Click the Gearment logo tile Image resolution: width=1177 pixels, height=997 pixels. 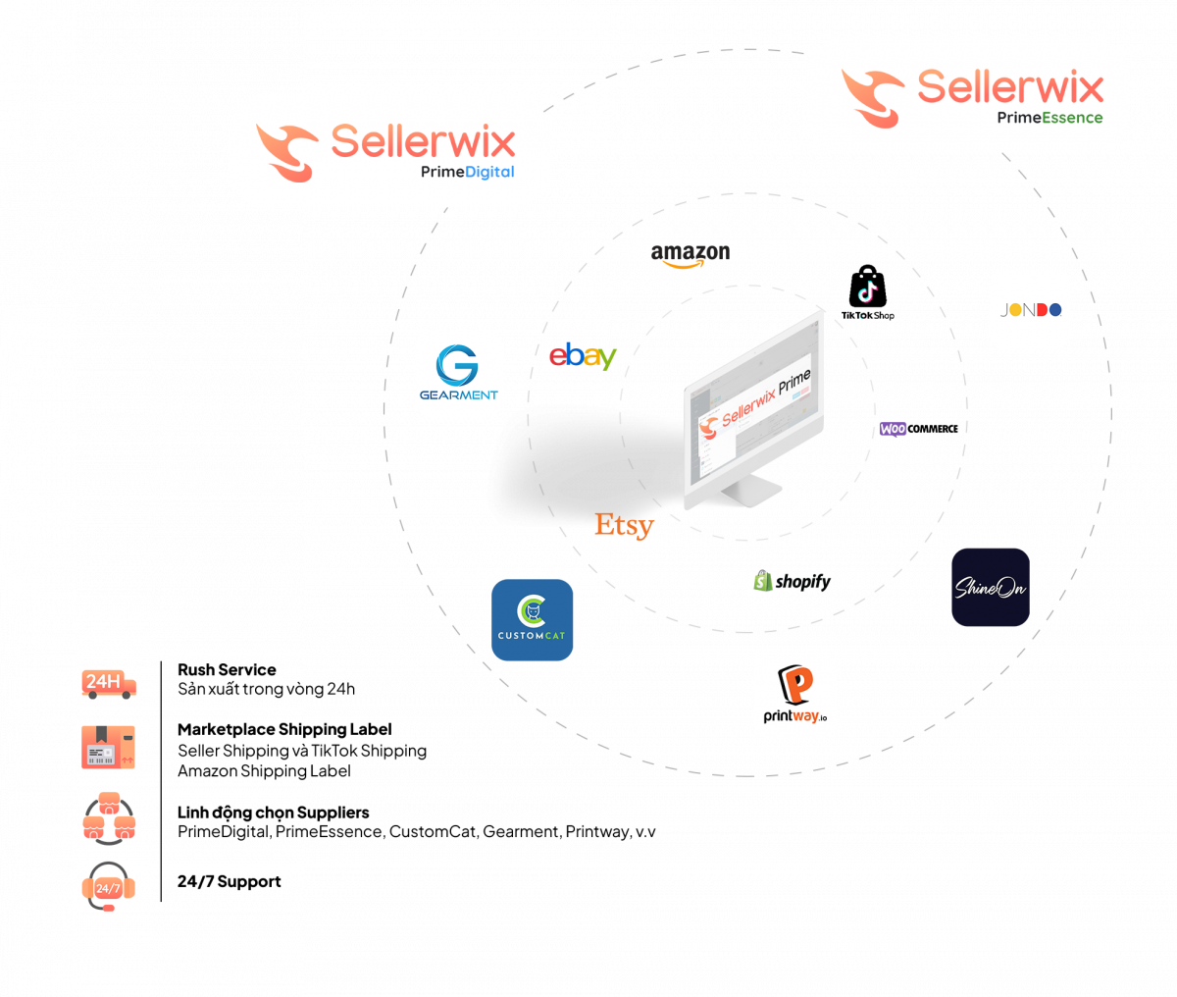(459, 374)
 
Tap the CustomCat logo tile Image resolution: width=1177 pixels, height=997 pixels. (532, 620)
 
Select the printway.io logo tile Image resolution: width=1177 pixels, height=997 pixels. (795, 697)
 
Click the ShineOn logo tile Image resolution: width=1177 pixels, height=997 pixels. (991, 587)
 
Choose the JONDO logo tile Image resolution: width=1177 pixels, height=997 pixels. (1030, 309)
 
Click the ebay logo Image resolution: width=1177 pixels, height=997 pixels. (583, 356)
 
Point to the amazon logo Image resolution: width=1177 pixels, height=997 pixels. (691, 254)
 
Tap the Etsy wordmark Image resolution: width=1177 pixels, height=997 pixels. (624, 525)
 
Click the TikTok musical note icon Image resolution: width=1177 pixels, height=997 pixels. (867, 290)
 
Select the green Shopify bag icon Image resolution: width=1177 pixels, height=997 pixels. (762, 582)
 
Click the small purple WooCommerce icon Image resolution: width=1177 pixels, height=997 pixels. (893, 429)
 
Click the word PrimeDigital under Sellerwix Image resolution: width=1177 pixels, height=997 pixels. (468, 172)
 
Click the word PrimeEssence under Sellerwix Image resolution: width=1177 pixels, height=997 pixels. (1049, 118)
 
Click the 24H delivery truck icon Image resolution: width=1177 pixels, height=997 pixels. (108, 683)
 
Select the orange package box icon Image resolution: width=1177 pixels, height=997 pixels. (108, 748)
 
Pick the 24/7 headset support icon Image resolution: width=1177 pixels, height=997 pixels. (108, 887)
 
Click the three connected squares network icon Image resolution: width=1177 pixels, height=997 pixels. (108, 817)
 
